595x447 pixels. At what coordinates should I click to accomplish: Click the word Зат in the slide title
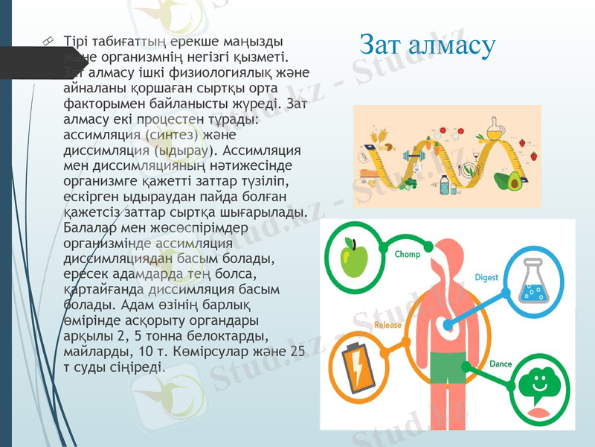(x=382, y=45)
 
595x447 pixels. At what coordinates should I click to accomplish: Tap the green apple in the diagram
(x=354, y=257)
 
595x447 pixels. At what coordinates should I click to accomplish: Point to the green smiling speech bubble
(x=541, y=384)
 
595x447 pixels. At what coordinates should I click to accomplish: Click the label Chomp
(x=408, y=254)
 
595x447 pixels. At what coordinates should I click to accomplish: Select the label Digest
(x=486, y=277)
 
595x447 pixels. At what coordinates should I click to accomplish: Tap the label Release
(x=387, y=326)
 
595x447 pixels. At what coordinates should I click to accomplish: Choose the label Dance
(x=500, y=364)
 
